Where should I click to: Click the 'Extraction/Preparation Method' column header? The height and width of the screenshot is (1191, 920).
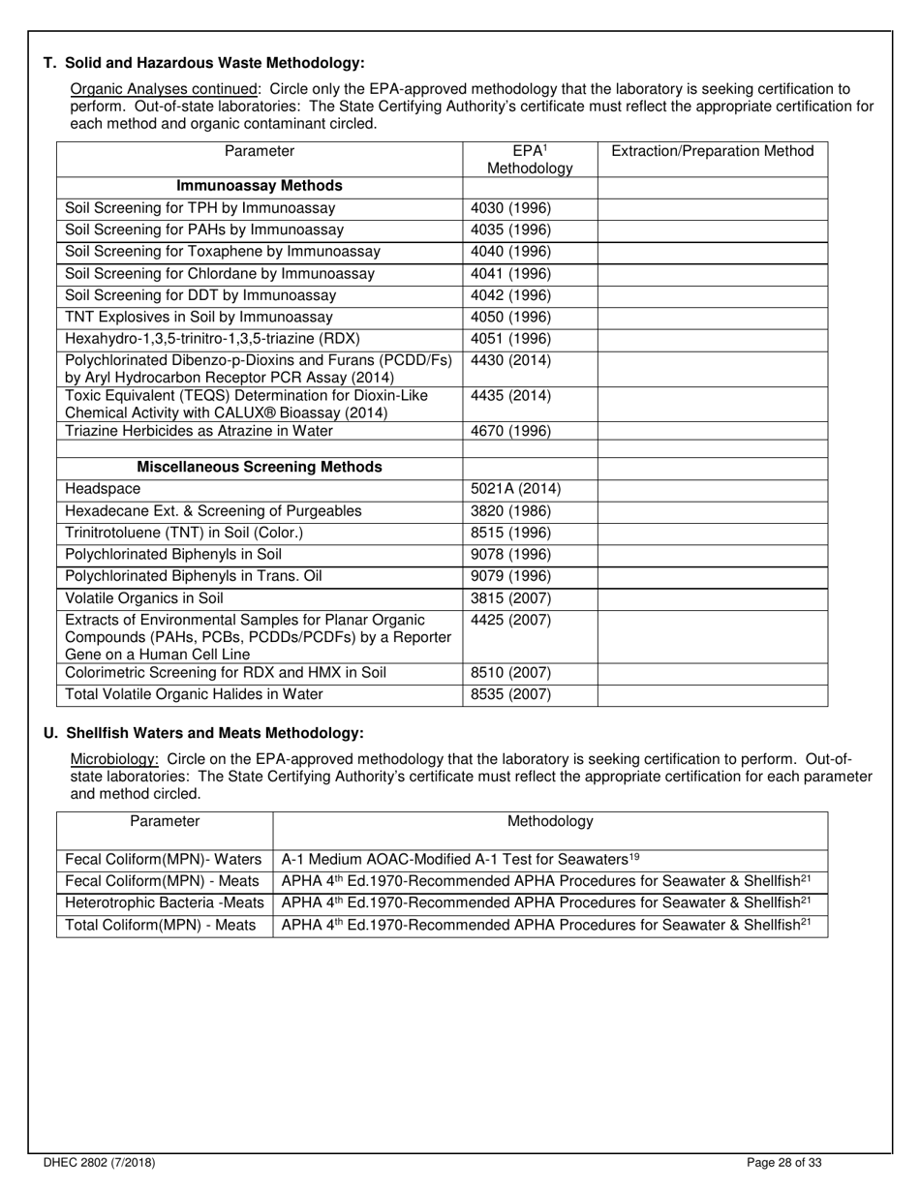713,151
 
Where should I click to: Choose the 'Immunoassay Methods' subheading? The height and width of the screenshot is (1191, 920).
260,186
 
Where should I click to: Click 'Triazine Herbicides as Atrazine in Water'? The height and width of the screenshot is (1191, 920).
199,431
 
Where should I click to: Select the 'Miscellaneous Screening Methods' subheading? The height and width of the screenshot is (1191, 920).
260,467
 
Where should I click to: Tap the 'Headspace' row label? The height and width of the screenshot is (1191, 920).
103,489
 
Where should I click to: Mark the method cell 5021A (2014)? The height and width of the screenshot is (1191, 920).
515,489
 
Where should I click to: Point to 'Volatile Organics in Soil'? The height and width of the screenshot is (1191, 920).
143,598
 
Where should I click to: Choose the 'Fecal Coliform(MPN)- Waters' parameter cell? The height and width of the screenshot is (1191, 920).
164,860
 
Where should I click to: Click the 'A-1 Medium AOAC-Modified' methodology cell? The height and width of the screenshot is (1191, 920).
460,859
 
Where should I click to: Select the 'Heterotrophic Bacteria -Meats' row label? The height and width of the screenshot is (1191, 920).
164,903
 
